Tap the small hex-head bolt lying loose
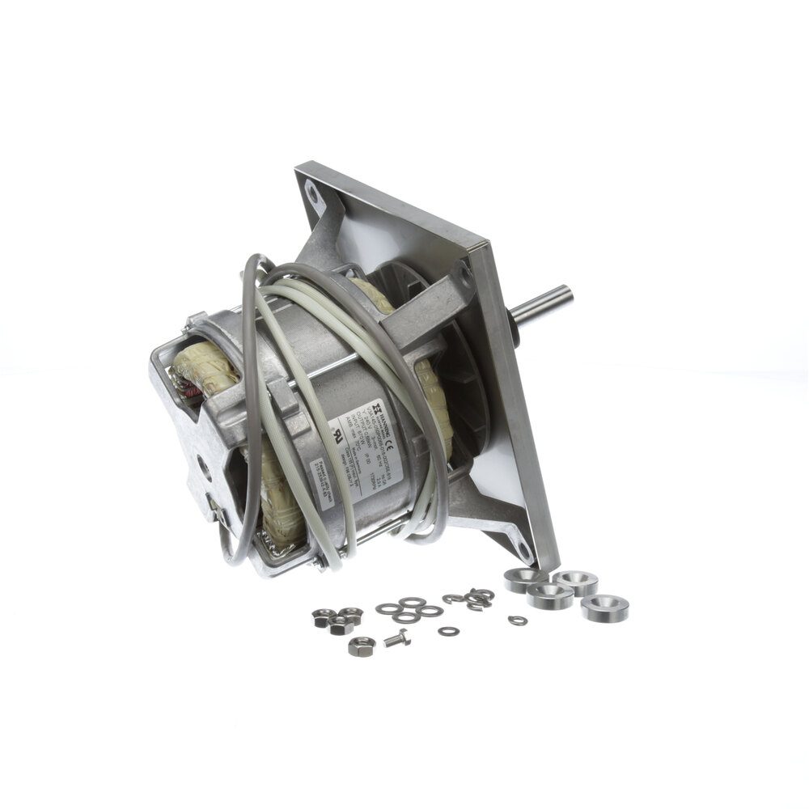coord(396,638)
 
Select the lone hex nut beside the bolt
coord(360,646)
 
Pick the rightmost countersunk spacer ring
coord(604,607)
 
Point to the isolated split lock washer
coord(517,621)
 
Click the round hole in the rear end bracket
coord(202,467)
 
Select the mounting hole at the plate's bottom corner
coord(528,553)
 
